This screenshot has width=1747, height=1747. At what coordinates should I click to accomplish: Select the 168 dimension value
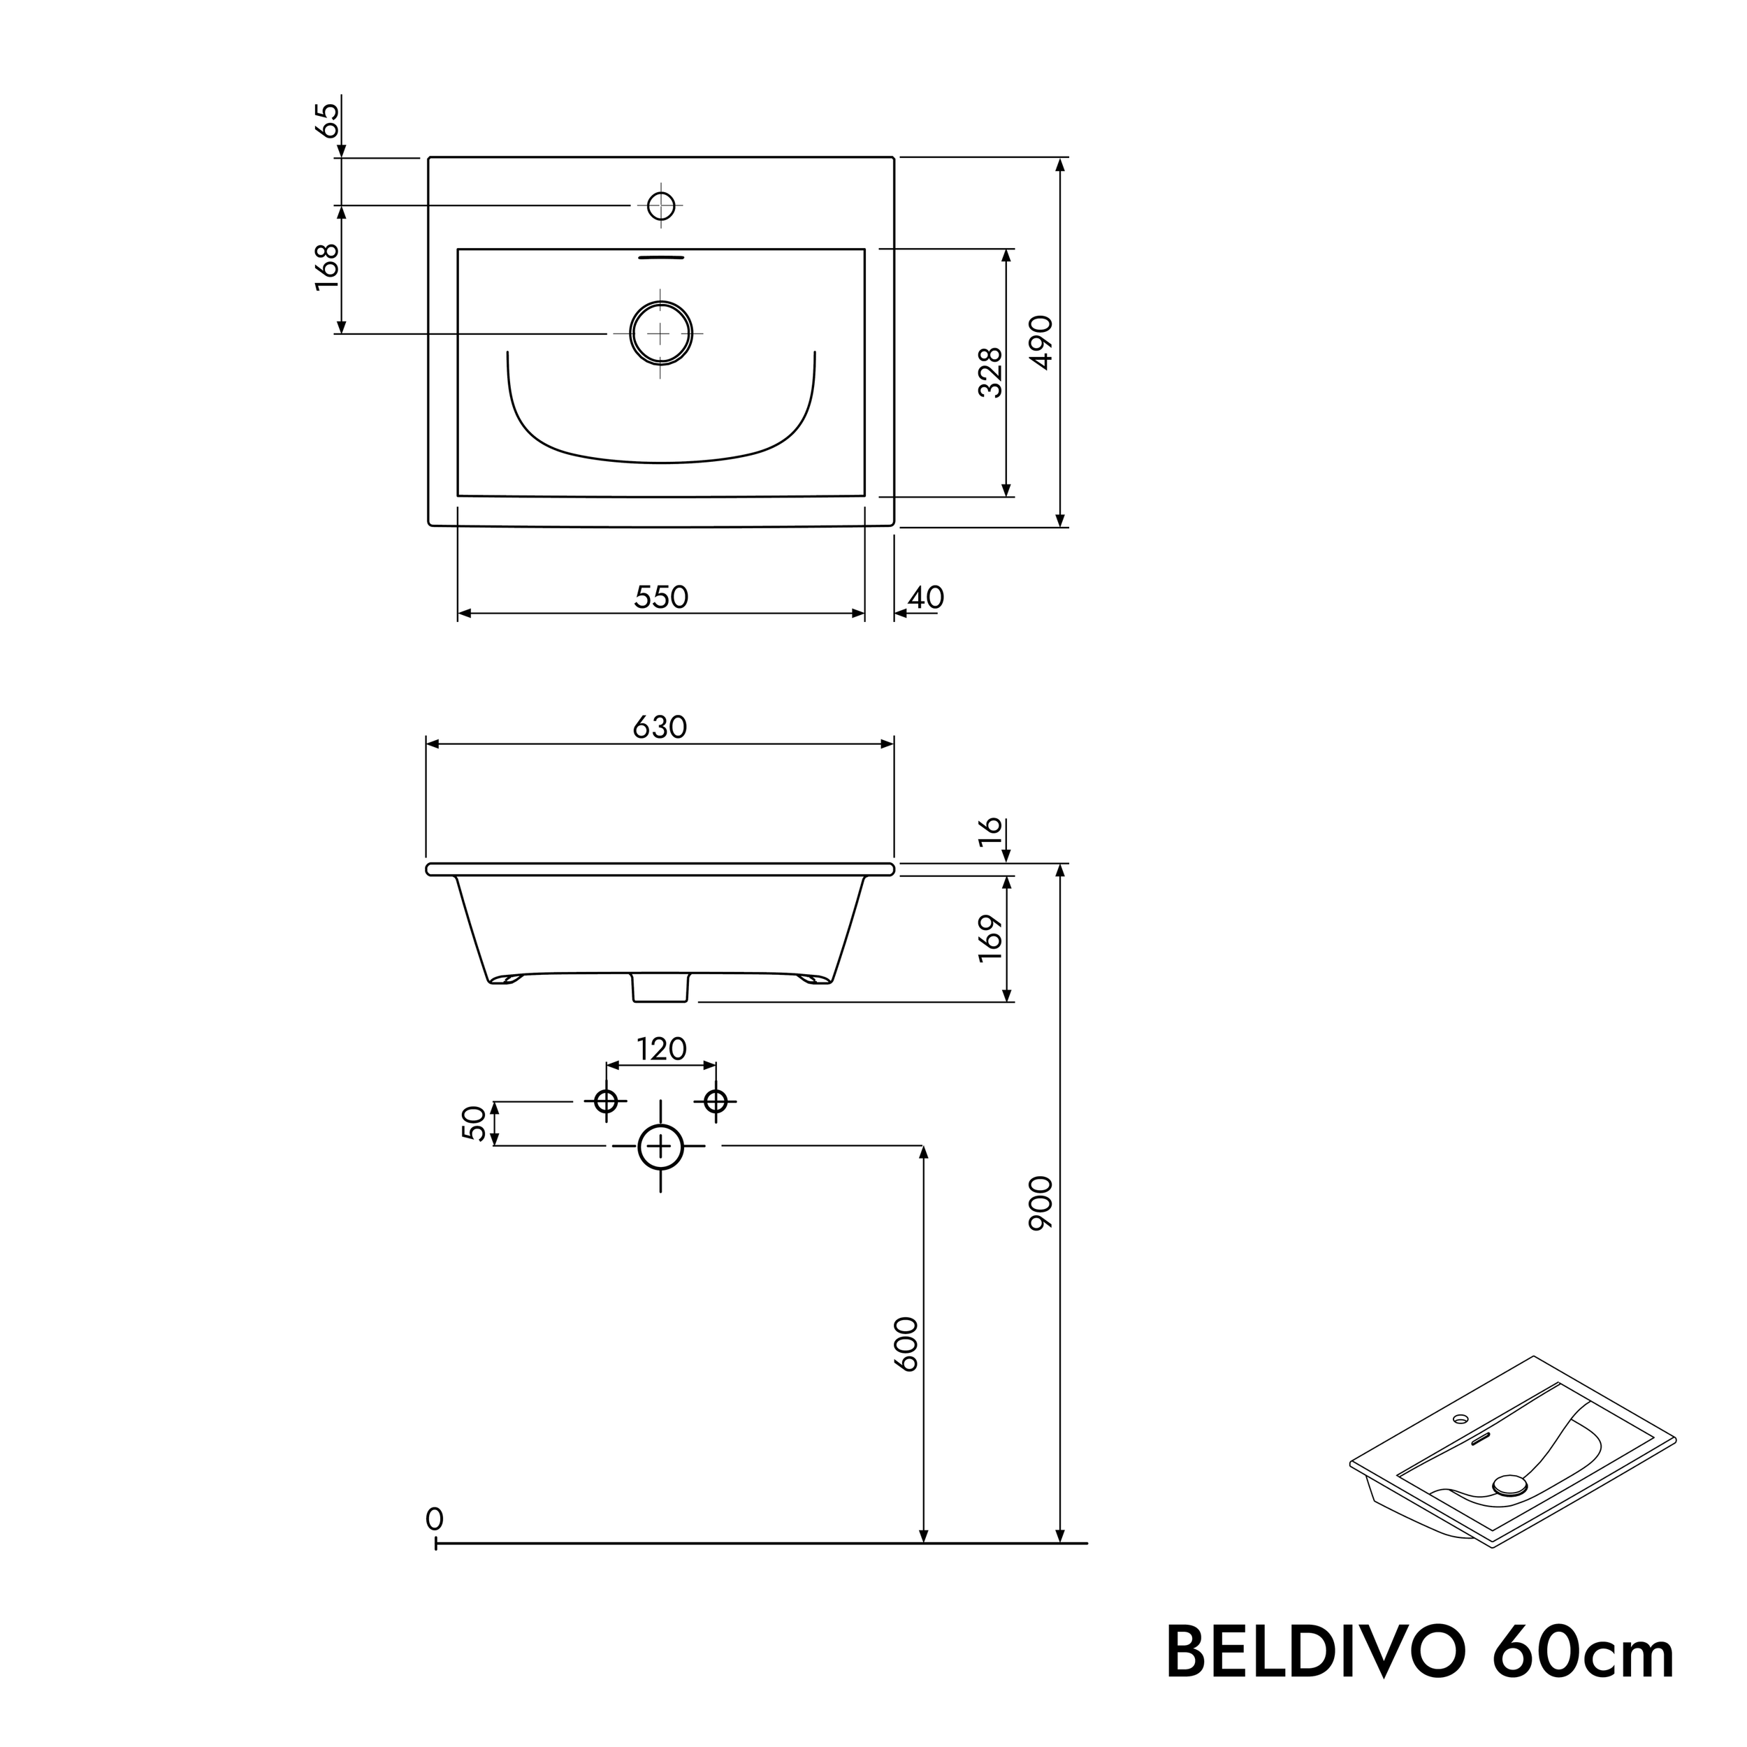point(327,267)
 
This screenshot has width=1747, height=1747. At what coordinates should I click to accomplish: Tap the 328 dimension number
point(991,372)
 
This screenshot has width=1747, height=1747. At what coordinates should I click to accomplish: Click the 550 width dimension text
point(661,597)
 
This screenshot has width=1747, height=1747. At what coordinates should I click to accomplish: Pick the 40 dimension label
point(926,597)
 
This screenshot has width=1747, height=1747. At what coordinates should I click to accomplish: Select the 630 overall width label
point(660,727)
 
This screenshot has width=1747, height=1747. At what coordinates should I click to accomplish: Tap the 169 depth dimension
point(991,938)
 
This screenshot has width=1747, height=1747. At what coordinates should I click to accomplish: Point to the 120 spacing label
point(662,1049)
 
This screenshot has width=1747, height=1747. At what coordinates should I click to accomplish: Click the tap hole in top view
point(661,206)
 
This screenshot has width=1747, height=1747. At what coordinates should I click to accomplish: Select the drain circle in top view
point(661,333)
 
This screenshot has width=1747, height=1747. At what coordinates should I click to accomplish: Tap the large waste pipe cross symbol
point(661,1147)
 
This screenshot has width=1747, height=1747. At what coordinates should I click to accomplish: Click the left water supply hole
point(606,1101)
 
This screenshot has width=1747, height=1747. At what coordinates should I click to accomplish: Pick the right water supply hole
point(716,1101)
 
